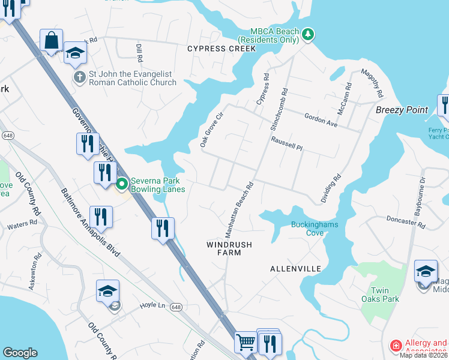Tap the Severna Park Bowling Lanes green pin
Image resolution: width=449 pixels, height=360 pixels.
[x=122, y=184]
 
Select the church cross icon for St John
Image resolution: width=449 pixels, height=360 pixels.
[x=79, y=77]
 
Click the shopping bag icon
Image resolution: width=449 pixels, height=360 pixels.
[x=52, y=41]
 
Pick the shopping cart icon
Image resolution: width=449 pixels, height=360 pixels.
[x=246, y=343]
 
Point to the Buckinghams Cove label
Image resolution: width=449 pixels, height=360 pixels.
[x=315, y=229]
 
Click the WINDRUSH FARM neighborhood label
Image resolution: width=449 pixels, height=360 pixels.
[x=229, y=248]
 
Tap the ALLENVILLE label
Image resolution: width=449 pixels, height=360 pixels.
[x=295, y=269]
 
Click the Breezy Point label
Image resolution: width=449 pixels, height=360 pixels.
[x=402, y=110]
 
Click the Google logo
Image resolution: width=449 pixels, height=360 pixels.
[x=20, y=353]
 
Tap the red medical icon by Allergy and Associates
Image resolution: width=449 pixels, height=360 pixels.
[x=396, y=346]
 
